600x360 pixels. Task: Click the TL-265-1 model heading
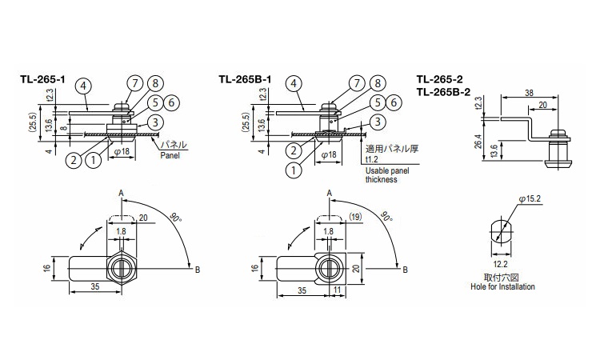(x=42, y=79)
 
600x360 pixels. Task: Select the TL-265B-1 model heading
(x=246, y=79)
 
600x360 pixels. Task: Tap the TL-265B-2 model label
(x=443, y=91)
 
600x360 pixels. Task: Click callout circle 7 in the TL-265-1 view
(x=134, y=84)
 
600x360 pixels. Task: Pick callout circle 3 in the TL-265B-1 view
(x=378, y=122)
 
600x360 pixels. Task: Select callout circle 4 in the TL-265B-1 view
(x=294, y=84)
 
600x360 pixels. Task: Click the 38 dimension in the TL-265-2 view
(x=530, y=93)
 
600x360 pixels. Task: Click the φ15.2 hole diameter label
(x=530, y=199)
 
